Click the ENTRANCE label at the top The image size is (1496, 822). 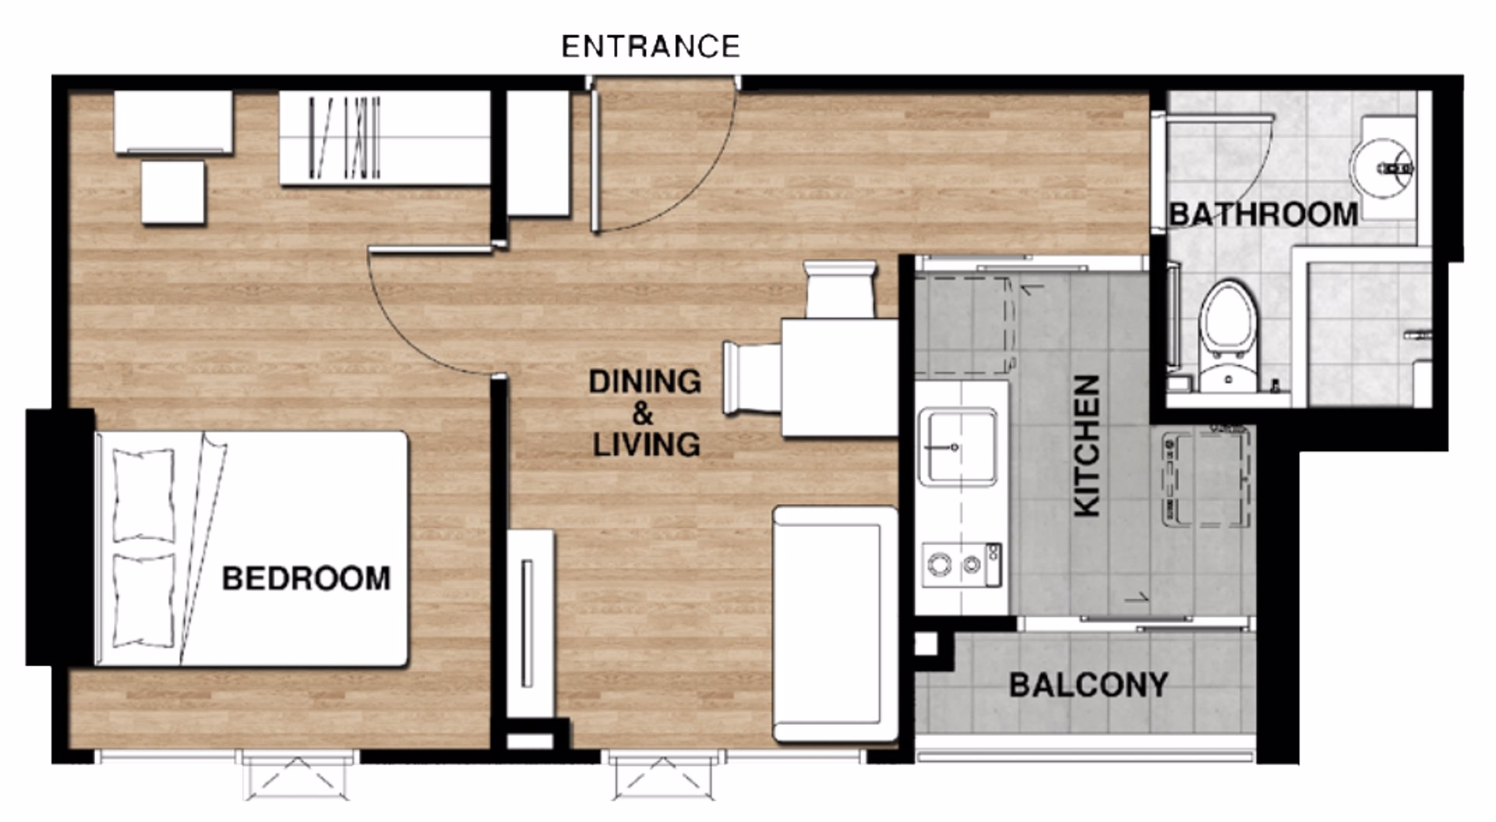tap(651, 47)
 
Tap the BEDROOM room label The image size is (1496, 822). tap(306, 578)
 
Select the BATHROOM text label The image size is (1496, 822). tap(1263, 213)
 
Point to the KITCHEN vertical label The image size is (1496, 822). tap(1087, 445)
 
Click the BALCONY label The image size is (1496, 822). tap(1088, 685)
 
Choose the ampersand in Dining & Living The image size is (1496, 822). tap(643, 413)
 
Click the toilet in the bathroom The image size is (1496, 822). tap(1229, 335)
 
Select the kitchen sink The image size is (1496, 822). tap(958, 446)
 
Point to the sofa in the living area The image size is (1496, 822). tap(834, 623)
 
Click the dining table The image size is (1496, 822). tap(841, 378)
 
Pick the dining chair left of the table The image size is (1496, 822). tap(753, 377)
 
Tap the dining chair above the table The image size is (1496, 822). tap(841, 289)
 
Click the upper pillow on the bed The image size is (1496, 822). tap(144, 495)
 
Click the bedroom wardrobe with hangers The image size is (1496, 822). tap(385, 138)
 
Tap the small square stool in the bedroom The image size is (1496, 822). tap(173, 192)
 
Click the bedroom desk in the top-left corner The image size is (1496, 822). tap(174, 122)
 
